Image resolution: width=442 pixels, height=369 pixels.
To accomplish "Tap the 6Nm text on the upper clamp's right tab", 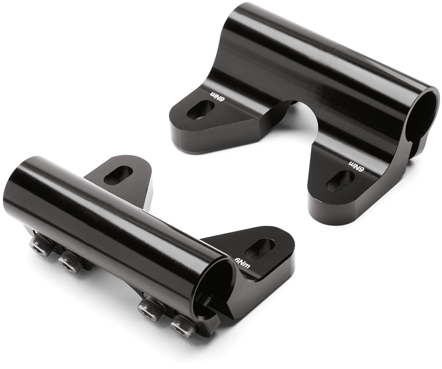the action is [x=357, y=166].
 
